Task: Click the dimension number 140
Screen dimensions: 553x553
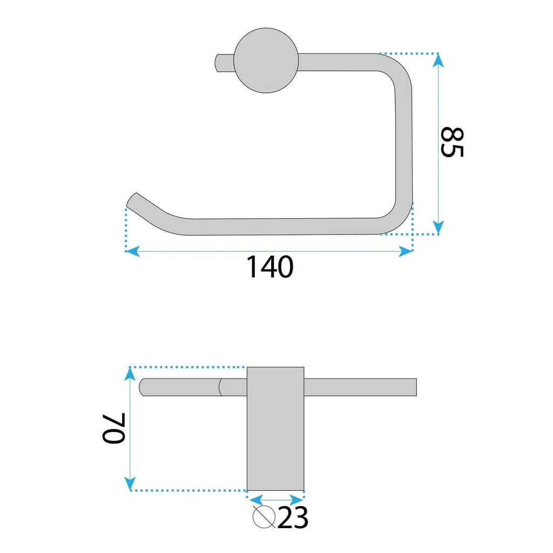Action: click(270, 267)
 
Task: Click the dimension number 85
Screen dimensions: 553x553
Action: click(453, 142)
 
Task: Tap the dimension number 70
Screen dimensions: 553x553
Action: click(113, 428)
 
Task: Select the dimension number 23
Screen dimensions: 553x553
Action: click(293, 518)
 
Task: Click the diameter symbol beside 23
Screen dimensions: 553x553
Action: click(264, 517)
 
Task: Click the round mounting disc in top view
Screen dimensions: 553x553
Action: click(266, 60)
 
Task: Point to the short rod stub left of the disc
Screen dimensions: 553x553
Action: click(224, 63)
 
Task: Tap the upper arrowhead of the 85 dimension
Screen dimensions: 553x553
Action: click(438, 60)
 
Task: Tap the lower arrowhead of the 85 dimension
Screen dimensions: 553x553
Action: click(438, 227)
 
